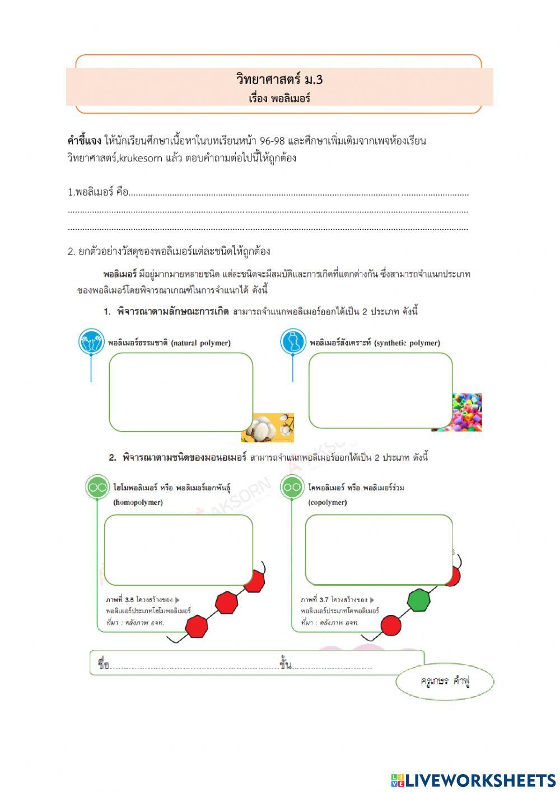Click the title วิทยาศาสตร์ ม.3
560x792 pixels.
279,79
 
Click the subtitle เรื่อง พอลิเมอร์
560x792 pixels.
279,99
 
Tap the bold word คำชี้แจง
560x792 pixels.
84,141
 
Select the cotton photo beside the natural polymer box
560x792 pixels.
268,427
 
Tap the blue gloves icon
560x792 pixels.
91,342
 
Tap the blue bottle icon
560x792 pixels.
293,342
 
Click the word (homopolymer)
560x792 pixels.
138,502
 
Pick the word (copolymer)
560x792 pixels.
328,502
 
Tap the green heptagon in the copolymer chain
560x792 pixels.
418,600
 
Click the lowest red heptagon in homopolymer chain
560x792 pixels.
197,626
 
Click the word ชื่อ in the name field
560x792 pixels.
103,665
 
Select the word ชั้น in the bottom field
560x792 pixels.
286,665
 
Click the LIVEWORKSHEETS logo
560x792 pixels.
473,780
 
